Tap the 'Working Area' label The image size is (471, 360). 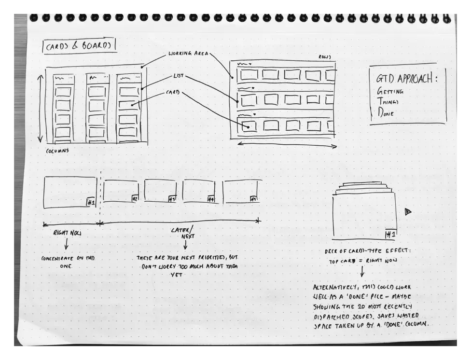[188, 54]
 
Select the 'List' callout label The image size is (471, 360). [178, 76]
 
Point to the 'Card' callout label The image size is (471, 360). [173, 92]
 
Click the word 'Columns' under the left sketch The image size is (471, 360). [57, 151]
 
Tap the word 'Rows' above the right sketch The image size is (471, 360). [324, 57]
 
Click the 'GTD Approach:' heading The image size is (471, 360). [406, 78]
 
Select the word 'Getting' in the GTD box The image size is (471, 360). [389, 91]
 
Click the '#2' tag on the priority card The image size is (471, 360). [135, 198]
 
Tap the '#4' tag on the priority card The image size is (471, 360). [210, 199]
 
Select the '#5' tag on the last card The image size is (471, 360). [253, 199]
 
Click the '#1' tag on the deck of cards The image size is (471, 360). [390, 235]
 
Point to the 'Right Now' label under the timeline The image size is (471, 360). [67, 233]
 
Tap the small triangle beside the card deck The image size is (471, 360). [408, 211]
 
